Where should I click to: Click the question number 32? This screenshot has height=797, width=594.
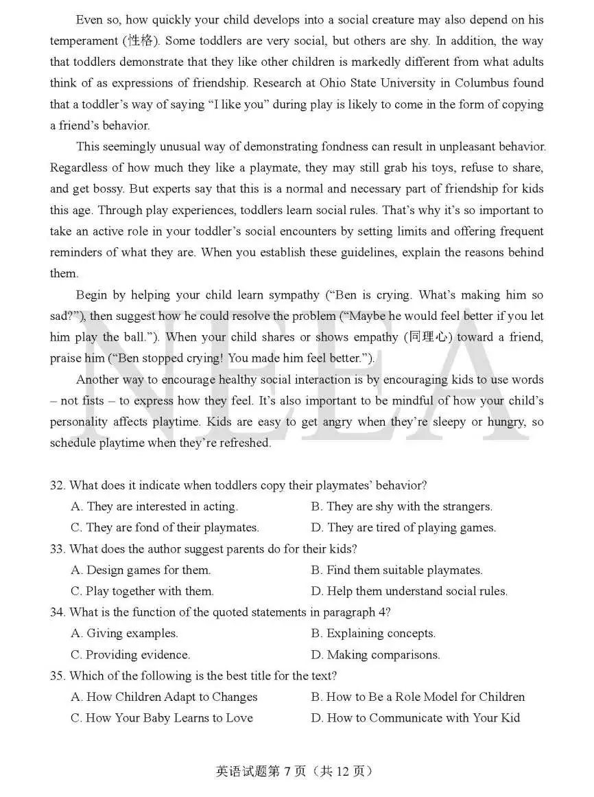pos(57,485)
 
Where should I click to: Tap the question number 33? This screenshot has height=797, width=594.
pos(57,548)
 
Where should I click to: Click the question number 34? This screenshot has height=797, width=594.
pos(57,612)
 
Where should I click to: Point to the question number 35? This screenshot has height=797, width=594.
pos(57,675)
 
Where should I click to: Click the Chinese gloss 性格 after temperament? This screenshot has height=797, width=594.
pos(141,41)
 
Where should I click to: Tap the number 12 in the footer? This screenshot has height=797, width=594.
pos(343,771)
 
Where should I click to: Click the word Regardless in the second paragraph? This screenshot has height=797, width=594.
pos(78,168)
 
